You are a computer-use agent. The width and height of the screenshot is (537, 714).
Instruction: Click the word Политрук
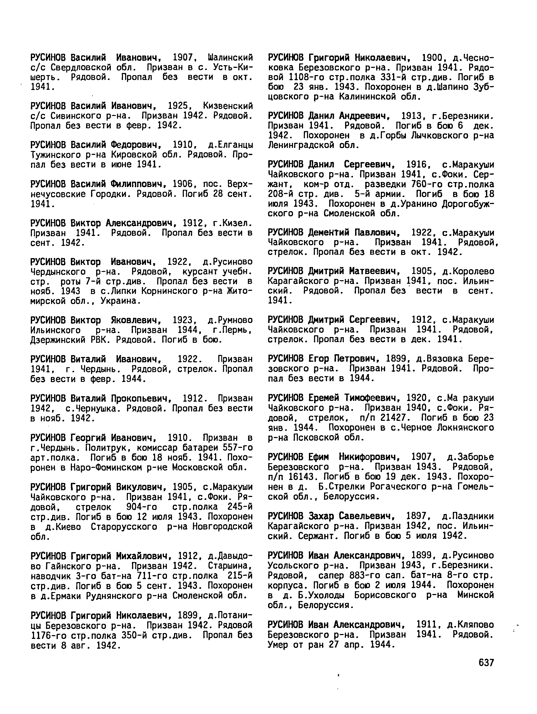click(x=104, y=448)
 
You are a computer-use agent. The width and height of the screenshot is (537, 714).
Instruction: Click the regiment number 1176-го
click(x=46, y=644)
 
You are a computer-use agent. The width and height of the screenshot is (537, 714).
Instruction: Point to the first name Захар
click(x=321, y=516)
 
